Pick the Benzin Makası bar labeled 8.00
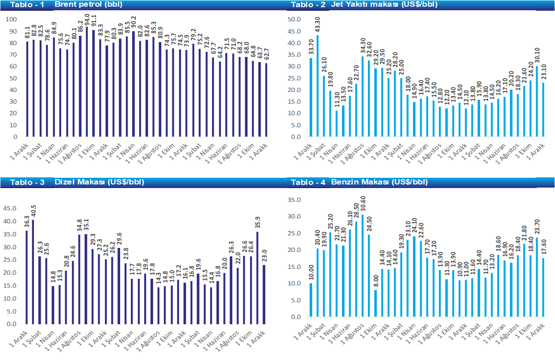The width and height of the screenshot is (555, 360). [x=376, y=303]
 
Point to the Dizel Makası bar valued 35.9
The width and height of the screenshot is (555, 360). [x=257, y=277]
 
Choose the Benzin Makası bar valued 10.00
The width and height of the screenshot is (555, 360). [x=310, y=300]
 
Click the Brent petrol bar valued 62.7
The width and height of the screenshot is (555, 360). [x=267, y=100]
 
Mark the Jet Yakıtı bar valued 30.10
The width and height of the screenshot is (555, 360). [x=537, y=101]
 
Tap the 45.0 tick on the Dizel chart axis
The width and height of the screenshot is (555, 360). [x=10, y=208]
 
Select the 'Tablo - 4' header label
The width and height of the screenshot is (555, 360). [x=308, y=182]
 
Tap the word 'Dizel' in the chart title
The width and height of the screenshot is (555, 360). [x=63, y=182]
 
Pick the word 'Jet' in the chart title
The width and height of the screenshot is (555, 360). [x=336, y=4]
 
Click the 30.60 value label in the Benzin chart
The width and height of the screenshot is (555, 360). [x=363, y=203]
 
